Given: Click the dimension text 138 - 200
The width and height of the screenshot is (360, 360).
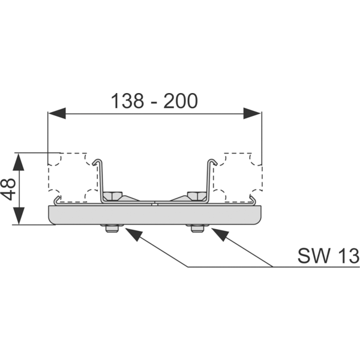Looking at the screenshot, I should (x=154, y=100).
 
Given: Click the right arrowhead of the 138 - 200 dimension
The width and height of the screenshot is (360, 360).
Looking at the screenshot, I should (x=253, y=112).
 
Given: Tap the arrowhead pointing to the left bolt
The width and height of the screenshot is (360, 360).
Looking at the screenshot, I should (x=133, y=235).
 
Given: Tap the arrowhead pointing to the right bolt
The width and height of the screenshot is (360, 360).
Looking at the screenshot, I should (x=220, y=235).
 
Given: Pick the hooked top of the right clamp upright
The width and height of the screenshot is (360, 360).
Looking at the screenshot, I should (x=211, y=162).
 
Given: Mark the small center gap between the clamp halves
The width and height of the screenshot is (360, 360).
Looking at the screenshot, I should (x=154, y=203).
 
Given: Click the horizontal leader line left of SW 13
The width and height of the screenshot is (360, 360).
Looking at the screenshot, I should (x=228, y=266).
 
